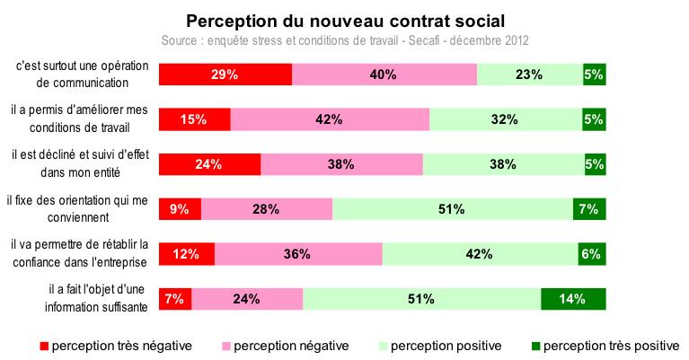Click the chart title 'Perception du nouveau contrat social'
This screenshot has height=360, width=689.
(345, 20)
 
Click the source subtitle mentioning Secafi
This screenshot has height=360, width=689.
(345, 41)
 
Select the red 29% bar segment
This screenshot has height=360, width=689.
(225, 75)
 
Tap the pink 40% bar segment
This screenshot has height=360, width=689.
(384, 75)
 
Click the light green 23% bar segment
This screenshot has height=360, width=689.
(529, 75)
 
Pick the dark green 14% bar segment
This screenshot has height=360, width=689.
(573, 299)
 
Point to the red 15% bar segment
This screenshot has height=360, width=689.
(194, 119)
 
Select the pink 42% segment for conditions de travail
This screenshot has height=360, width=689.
(330, 119)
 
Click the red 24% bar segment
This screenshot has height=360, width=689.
(209, 164)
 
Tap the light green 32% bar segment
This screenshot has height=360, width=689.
(505, 119)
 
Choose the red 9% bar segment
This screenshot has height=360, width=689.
(180, 209)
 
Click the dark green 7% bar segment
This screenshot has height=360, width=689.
(589, 209)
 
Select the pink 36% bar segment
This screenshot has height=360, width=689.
(298, 254)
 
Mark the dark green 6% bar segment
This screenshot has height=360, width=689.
(591, 254)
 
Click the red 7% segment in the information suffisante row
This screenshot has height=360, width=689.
(174, 299)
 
